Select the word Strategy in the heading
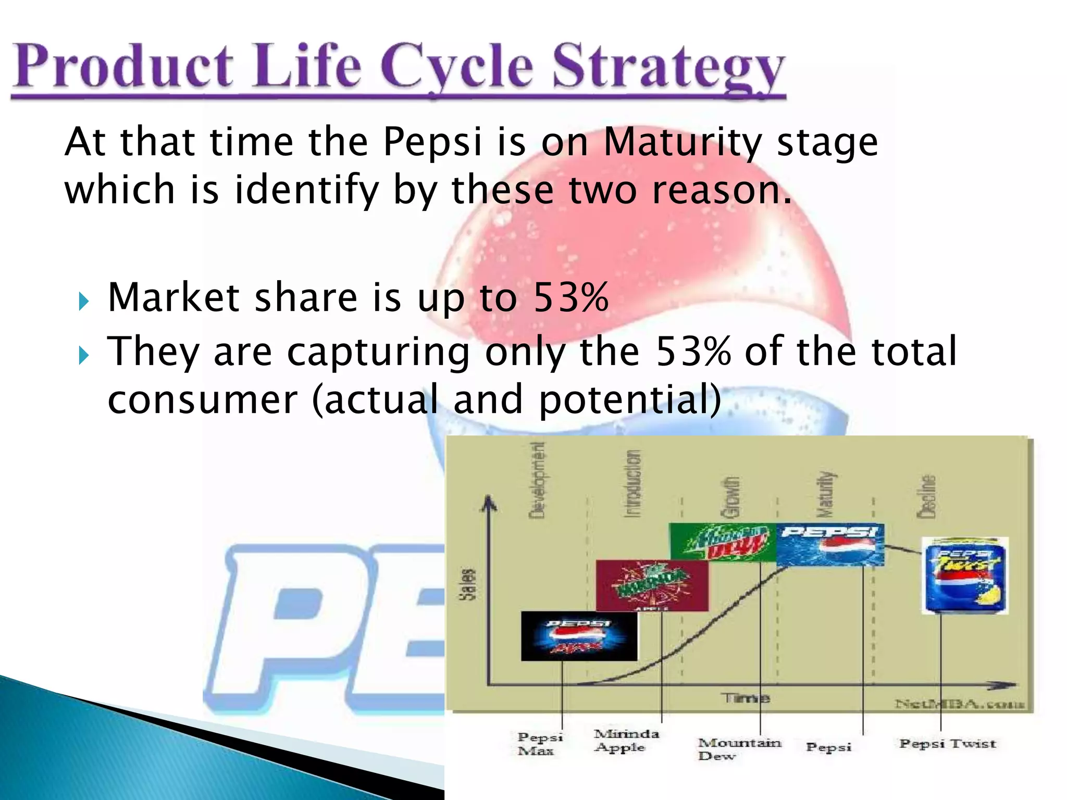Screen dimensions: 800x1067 click(668, 68)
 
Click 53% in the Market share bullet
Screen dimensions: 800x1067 click(571, 297)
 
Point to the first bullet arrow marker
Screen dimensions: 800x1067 click(83, 302)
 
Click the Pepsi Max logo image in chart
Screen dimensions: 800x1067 click(578, 636)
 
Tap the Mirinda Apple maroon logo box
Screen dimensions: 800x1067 click(652, 585)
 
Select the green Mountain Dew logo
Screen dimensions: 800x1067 click(723, 542)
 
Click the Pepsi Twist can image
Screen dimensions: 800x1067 click(965, 576)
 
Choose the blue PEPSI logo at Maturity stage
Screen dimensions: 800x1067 click(830, 544)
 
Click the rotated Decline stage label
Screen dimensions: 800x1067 click(927, 496)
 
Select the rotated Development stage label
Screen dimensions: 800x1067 click(537, 480)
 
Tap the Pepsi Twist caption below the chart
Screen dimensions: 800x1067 click(947, 744)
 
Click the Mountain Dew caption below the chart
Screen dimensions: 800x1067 click(738, 749)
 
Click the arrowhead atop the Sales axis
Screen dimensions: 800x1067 click(488, 502)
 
